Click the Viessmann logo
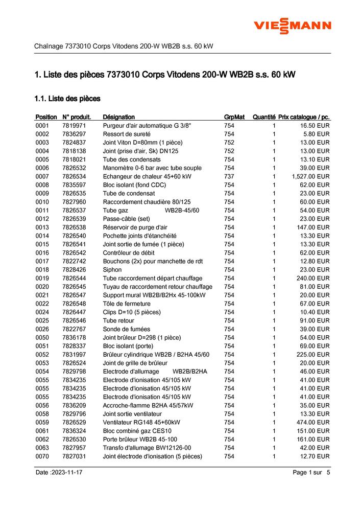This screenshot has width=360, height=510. pyautogui.click(x=293, y=25)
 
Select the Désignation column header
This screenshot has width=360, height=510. pyautogui.click(x=118, y=117)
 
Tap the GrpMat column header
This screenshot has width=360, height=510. pyautogui.click(x=234, y=117)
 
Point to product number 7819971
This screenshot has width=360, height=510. pyautogui.click(x=74, y=125)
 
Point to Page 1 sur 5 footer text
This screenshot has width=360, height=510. pyautogui.click(x=311, y=473)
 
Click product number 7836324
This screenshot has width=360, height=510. pyautogui.click(x=74, y=431)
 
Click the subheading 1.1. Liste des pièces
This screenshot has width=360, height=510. pyautogui.click(x=67, y=98)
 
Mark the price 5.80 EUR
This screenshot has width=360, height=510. pyautogui.click(x=318, y=134)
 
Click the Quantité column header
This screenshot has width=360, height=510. pyautogui.click(x=264, y=117)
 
